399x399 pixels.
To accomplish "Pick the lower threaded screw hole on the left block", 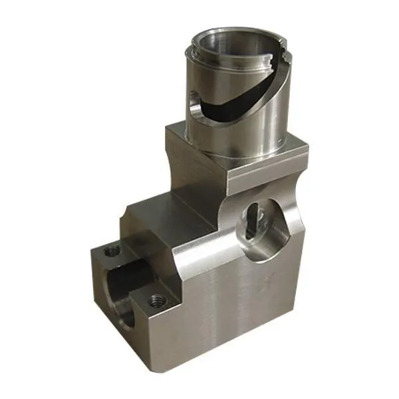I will point(157,300).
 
